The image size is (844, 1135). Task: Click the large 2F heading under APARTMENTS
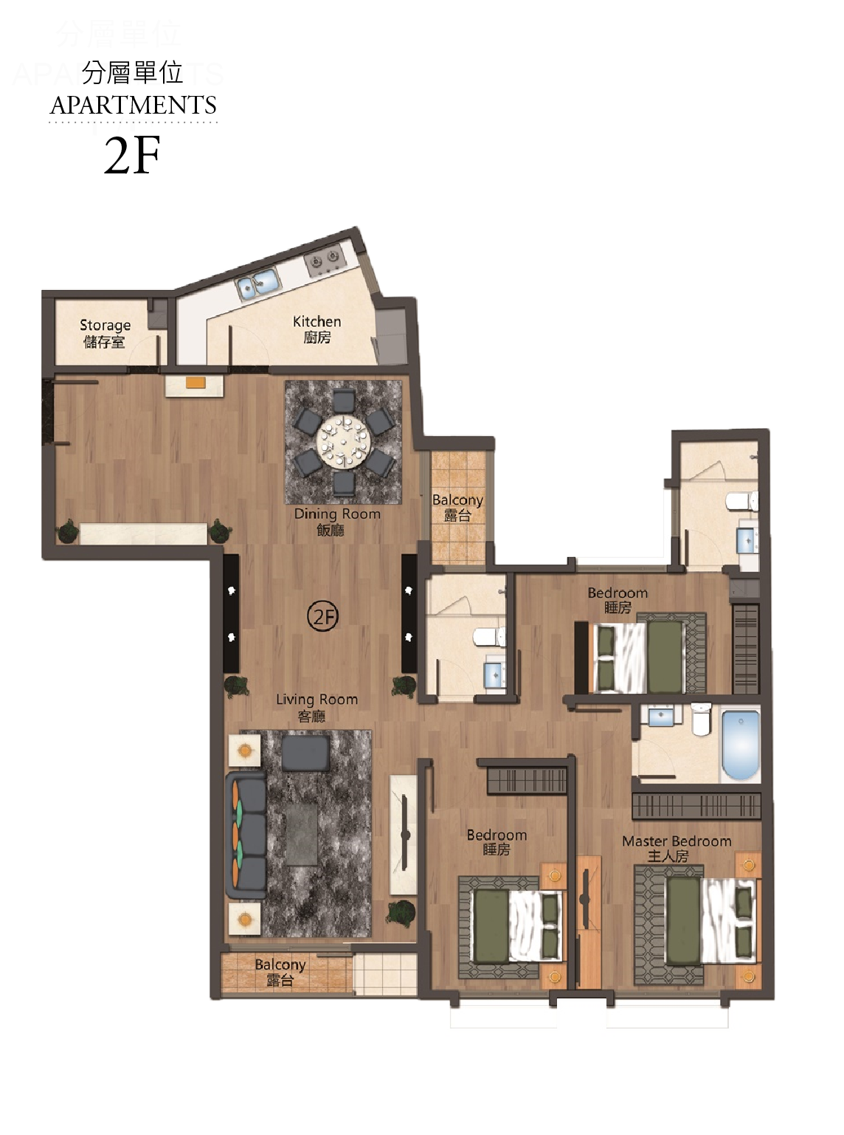pos(132,154)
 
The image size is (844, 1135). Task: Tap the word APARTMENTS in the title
pos(133,105)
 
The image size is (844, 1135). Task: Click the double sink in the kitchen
pos(258,283)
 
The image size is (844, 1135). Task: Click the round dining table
pos(343,441)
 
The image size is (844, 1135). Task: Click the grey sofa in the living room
pos(247,835)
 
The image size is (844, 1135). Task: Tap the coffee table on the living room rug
pos(302,835)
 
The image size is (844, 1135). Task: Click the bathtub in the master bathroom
pos(741,745)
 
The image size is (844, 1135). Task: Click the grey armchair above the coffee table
pos(306,753)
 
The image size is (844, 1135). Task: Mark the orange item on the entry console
pos(196,383)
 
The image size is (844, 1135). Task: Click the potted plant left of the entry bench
pos(68,531)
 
